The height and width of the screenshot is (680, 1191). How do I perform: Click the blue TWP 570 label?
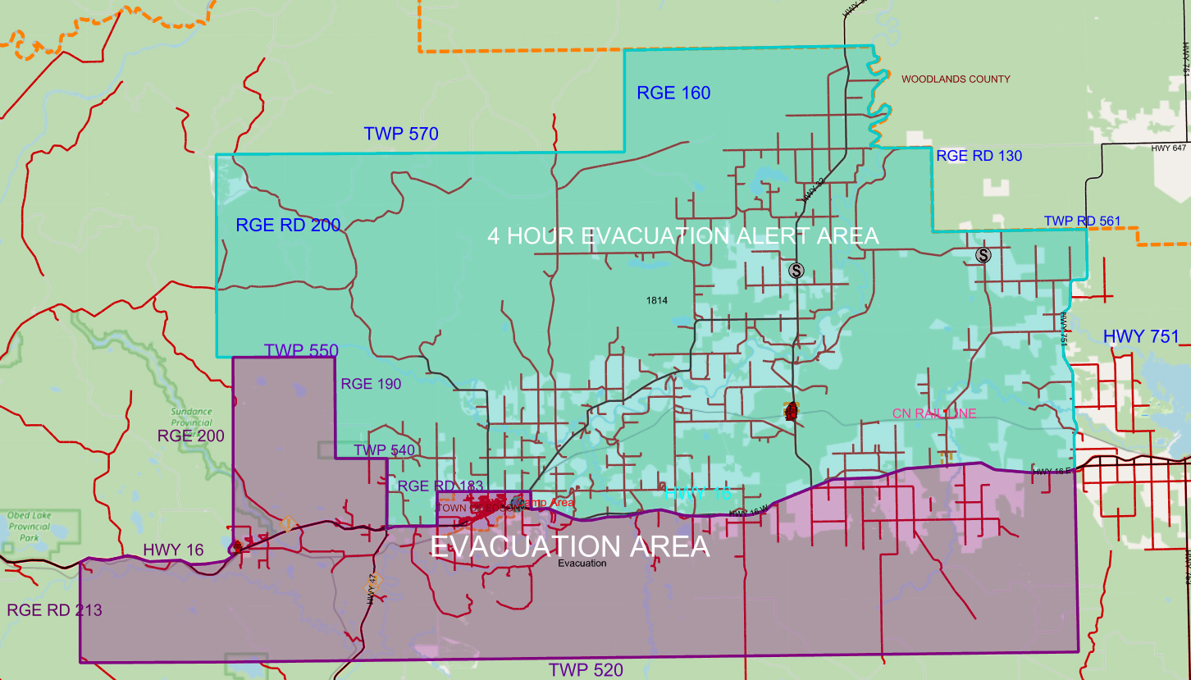tap(402, 134)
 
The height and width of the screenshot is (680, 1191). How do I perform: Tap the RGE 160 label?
tap(673, 93)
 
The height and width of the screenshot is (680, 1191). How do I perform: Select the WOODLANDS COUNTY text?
tap(956, 80)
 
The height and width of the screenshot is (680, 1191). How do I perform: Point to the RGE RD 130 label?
tap(979, 156)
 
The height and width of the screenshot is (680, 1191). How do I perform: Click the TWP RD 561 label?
tap(1082, 221)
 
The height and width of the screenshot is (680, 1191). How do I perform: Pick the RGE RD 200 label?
tap(288, 226)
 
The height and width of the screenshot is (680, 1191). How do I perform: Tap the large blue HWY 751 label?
tap(1140, 336)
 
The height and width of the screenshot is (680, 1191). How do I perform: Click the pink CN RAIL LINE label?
tap(933, 413)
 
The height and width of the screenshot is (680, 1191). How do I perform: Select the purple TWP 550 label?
tap(301, 351)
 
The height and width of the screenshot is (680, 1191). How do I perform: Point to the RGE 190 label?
tap(371, 383)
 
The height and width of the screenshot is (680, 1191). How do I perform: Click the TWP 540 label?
tap(384, 450)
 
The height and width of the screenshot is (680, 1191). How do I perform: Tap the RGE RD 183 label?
tap(440, 486)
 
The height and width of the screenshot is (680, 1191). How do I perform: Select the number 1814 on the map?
tap(657, 301)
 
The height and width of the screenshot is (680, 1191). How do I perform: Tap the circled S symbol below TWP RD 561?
tap(983, 255)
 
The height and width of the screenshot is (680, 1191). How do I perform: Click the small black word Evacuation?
tap(582, 564)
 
